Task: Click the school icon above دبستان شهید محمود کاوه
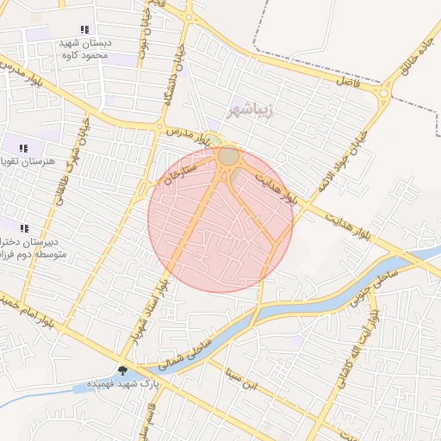84,29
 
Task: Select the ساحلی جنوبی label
372,287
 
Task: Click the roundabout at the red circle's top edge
228,156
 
